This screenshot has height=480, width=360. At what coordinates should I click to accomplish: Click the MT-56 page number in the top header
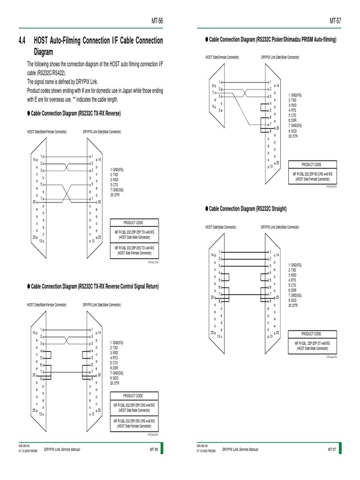(157, 21)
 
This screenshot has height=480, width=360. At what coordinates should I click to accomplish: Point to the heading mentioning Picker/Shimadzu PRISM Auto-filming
(272, 41)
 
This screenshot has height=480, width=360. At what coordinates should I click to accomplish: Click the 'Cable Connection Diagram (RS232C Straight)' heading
(247, 208)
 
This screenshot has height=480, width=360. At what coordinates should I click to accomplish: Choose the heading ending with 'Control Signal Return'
(95, 286)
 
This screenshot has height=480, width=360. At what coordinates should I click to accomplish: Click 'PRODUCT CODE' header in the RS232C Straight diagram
(311, 334)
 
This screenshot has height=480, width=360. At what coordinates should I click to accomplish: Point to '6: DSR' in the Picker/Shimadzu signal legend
(293, 120)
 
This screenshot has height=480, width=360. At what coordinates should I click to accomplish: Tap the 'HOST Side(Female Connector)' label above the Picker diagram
(222, 57)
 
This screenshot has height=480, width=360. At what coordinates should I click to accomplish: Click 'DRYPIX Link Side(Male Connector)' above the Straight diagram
(280, 227)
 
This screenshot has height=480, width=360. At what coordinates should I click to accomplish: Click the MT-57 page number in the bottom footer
(332, 450)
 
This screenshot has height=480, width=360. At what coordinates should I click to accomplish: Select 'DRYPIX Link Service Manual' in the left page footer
(62, 450)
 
